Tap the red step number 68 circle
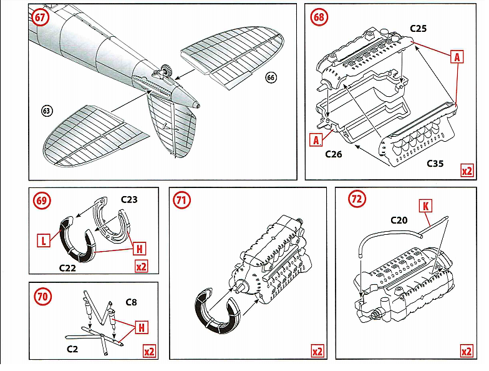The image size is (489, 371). (319, 17)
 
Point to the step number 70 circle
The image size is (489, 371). (42, 296)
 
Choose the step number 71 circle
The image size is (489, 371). (182, 200)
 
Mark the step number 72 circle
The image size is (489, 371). (357, 199)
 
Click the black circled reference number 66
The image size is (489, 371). (270, 77)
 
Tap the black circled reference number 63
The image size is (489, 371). (47, 111)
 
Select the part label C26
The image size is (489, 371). (334, 154)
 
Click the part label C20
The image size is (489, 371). (399, 220)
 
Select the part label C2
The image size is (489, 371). (72, 348)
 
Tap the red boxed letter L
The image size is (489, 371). (44, 239)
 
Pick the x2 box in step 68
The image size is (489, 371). (465, 170)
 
